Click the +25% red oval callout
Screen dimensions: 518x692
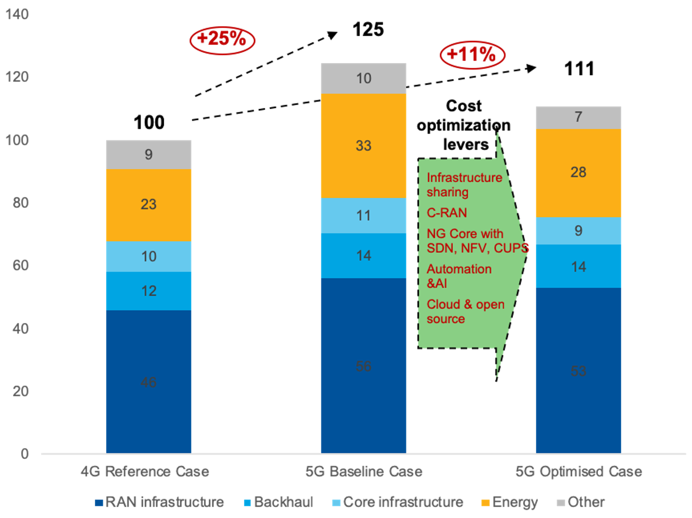point(222,40)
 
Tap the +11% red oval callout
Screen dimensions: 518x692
point(472,55)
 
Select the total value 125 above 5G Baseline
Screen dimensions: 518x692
point(368,30)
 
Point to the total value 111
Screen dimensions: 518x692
point(579,69)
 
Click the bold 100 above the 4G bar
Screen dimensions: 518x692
point(149,122)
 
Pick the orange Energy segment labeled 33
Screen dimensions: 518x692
point(363,146)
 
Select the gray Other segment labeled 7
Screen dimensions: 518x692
point(578,117)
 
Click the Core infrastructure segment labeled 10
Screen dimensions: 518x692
point(149,257)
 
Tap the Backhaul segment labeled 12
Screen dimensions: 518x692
point(149,291)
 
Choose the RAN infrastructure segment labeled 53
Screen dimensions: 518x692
point(578,370)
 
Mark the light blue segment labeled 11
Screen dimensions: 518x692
point(363,216)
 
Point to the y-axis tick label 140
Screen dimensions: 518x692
point(17,14)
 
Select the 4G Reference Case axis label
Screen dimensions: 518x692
point(145,471)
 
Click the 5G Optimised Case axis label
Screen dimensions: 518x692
point(579,471)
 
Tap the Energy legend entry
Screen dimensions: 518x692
point(510,502)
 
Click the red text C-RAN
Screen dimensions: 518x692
point(447,213)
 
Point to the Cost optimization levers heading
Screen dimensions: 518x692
point(464,125)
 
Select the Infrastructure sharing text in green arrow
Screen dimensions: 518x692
point(464,185)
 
